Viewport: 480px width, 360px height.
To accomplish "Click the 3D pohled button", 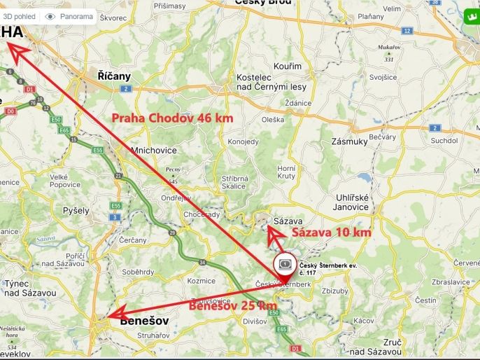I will [18, 16].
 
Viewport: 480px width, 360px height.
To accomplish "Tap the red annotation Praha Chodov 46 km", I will [173, 118].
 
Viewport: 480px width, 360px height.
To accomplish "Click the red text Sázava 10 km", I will [331, 232].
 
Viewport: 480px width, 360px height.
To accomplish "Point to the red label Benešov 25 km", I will [232, 306].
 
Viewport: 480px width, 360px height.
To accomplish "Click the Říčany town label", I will [115, 76].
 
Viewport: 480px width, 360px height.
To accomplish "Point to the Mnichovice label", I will [155, 150].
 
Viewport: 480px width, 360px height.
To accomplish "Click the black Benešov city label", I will [146, 321].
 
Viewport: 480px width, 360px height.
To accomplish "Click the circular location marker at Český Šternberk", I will [285, 266].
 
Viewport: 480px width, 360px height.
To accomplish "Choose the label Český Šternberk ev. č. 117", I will [324, 268].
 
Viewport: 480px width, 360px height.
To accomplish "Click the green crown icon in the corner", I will [470, 15].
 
